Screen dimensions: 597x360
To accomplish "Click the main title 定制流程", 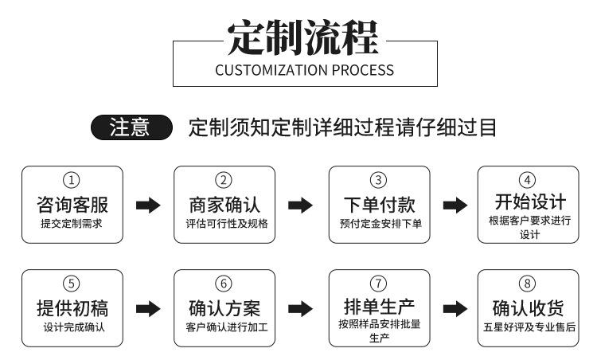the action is click(x=303, y=38).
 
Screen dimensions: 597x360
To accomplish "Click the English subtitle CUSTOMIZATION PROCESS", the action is click(x=305, y=70).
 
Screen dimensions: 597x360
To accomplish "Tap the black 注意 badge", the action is click(x=131, y=127).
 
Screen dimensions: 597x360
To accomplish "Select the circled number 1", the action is click(x=71, y=180).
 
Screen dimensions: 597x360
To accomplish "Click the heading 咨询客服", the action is click(x=72, y=205).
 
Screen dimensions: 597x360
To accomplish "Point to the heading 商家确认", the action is click(x=224, y=205).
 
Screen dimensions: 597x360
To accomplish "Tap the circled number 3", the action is click(x=378, y=180).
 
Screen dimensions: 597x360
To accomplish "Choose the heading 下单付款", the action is click(x=379, y=205).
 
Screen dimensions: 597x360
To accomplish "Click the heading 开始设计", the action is click(x=530, y=202).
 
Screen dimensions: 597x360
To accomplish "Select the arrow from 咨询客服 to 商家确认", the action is click(x=148, y=205).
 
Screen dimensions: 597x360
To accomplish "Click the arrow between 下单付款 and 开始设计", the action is click(x=455, y=205).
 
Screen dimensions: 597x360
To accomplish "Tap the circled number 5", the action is click(x=71, y=284).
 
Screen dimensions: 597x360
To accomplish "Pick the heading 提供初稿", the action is click(x=72, y=308).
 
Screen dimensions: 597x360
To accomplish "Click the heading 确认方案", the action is click(x=224, y=308).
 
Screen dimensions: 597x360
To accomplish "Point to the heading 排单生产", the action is click(x=379, y=306).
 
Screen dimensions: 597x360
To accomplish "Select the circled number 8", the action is click(x=527, y=284).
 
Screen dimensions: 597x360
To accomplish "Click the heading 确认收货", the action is click(x=528, y=308).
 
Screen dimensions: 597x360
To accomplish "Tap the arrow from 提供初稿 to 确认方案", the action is click(x=148, y=309).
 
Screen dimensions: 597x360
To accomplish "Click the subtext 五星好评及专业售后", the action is click(x=529, y=327).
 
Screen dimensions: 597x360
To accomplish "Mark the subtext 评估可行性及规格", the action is click(x=227, y=223).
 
